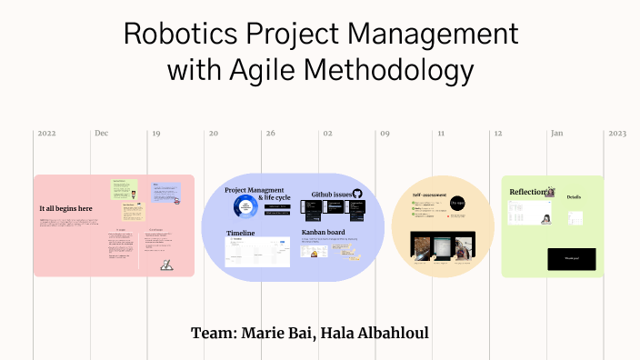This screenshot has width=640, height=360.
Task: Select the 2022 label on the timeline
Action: [46, 134]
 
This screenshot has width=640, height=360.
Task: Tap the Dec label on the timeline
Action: [101, 134]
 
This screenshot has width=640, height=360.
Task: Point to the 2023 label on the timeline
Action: [617, 134]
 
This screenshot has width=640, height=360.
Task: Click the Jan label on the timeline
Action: [555, 134]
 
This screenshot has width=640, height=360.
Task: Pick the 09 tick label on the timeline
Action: [385, 134]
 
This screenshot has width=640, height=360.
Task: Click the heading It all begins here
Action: [65, 208]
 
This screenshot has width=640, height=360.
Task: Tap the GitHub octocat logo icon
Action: [356, 194]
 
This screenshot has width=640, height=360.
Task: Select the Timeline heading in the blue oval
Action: [241, 234]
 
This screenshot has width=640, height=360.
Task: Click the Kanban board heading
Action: [325, 233]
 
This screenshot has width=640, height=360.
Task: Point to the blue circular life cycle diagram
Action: [245, 209]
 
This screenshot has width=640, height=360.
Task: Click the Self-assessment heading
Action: [427, 195]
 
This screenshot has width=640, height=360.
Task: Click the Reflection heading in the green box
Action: [527, 192]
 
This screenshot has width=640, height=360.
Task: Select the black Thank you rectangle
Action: [571, 258]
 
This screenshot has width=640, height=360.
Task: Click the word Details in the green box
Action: [574, 196]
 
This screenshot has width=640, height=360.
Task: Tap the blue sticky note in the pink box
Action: [166, 192]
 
